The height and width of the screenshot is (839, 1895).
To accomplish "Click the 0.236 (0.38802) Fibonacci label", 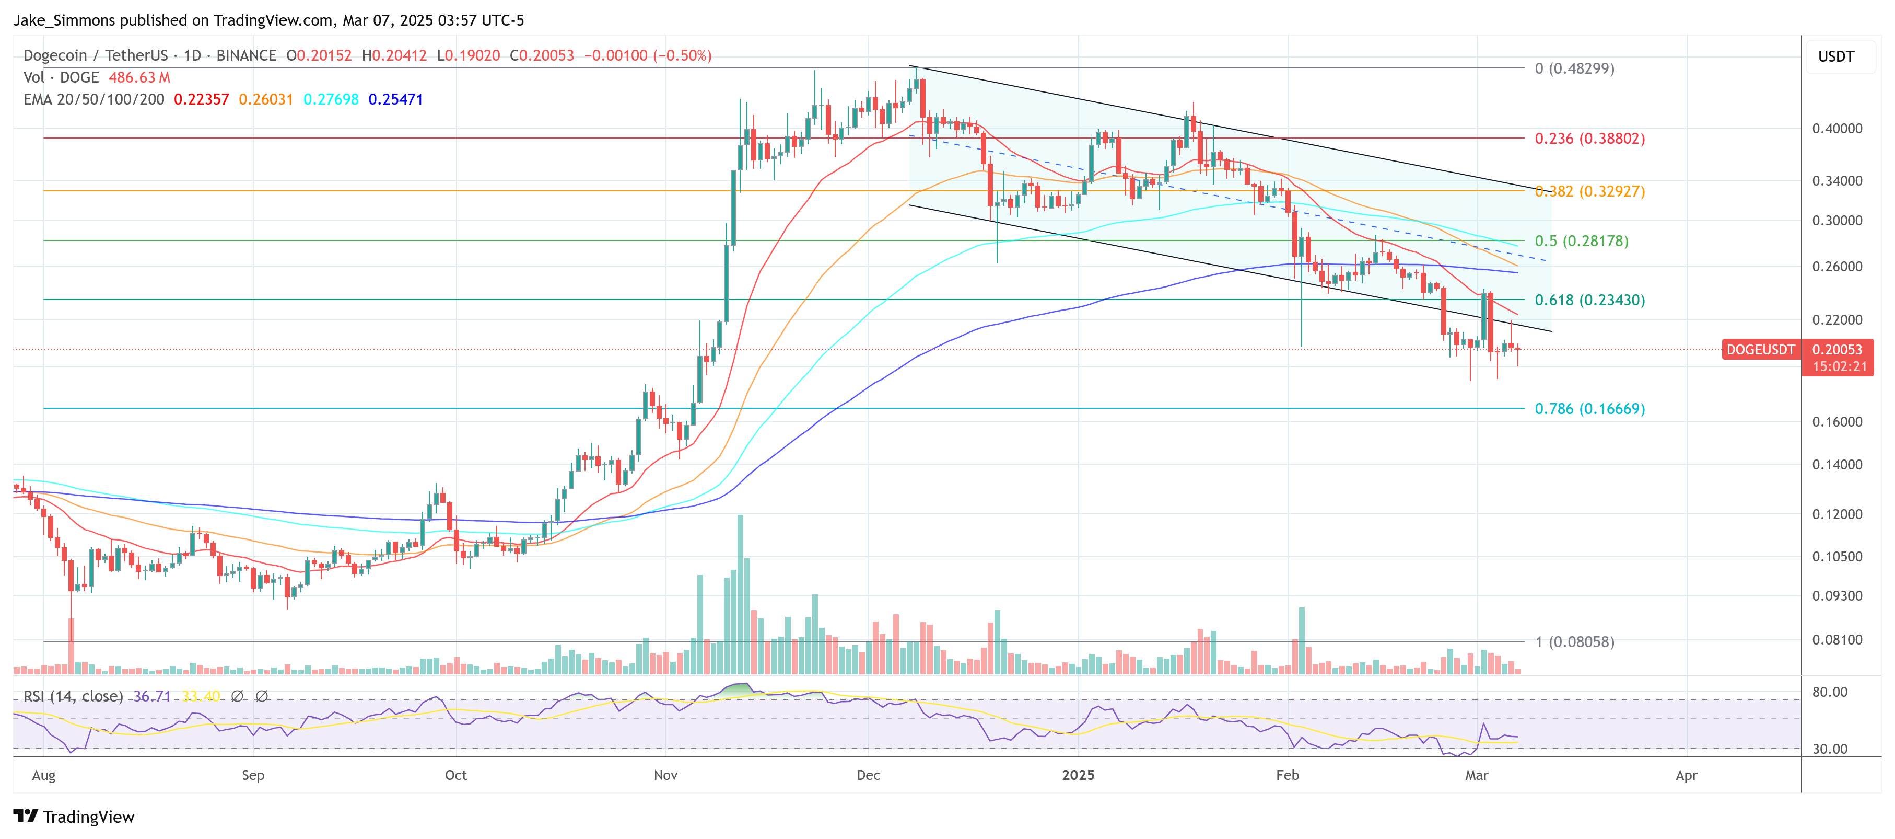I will (x=1589, y=139).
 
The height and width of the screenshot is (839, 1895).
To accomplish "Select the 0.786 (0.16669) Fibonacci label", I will (x=1589, y=408).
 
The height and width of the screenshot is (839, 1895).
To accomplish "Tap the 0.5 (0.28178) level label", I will (x=1581, y=240).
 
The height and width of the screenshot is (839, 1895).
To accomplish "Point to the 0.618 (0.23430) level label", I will (x=1589, y=300).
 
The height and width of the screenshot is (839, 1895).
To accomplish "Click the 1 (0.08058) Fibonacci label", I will (x=1574, y=642).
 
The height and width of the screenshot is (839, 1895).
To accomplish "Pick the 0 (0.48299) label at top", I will (x=1574, y=68).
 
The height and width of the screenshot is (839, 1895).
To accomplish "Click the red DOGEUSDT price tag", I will (x=1760, y=350).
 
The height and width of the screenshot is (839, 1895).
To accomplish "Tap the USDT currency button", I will (x=1835, y=56).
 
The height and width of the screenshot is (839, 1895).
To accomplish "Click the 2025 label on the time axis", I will (x=1078, y=775).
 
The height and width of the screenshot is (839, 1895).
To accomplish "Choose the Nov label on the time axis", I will (x=665, y=775).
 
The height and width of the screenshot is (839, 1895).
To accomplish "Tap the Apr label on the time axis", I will (x=1686, y=775).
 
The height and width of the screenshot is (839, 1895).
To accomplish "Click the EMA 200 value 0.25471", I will (x=396, y=99).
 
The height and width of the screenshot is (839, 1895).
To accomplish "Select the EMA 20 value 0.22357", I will (x=201, y=99).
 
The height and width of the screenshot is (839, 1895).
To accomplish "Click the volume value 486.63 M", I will (x=139, y=77).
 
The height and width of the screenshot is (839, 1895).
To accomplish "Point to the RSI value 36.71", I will (x=151, y=696).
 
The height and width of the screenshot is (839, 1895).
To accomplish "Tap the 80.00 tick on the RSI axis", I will (x=1829, y=692).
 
